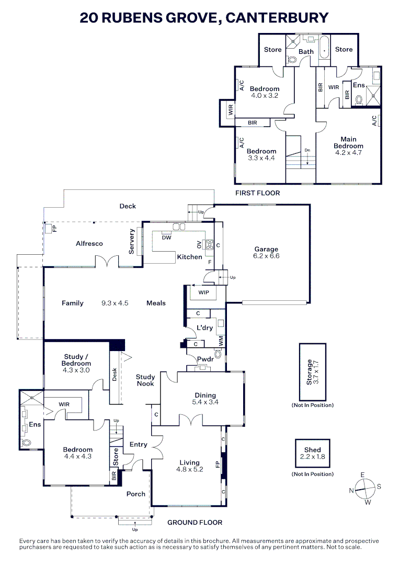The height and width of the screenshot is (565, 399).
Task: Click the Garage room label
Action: coord(266,249)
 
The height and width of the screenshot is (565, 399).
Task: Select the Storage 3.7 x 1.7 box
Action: coord(312,371)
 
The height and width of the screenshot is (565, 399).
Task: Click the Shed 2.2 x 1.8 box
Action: coord(312,453)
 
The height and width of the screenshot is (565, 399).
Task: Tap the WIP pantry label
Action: coord(203,292)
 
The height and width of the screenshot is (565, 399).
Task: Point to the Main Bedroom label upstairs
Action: coord(348,142)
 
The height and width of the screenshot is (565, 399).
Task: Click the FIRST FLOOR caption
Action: coord(258,193)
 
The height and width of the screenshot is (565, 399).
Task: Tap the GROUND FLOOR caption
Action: coord(195,522)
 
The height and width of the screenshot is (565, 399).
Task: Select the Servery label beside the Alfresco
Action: coord(132,242)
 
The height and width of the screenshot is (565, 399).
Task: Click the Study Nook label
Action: coord(145,380)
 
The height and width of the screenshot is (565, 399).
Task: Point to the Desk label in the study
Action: coord(115,375)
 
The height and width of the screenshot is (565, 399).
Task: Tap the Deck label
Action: coord(128,206)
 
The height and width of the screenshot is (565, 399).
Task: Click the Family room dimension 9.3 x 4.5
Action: coord(115,303)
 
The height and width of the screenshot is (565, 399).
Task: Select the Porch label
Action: coord(135,494)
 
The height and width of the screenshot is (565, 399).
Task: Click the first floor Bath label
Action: coord(306,51)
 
